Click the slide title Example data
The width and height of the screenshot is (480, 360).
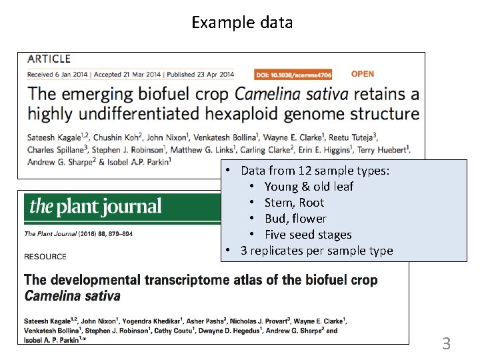click(x=242, y=23)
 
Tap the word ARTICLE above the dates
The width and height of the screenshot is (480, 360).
click(x=49, y=59)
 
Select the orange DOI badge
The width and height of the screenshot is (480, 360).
click(x=293, y=75)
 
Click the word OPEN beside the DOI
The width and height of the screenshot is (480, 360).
click(x=362, y=74)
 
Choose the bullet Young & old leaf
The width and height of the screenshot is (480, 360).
click(x=309, y=187)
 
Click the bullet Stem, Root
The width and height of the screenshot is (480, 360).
click(x=294, y=203)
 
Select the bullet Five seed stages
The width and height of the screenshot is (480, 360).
click(x=308, y=235)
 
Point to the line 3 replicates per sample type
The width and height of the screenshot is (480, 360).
click(x=317, y=251)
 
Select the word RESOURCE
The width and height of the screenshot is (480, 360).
click(x=45, y=257)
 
